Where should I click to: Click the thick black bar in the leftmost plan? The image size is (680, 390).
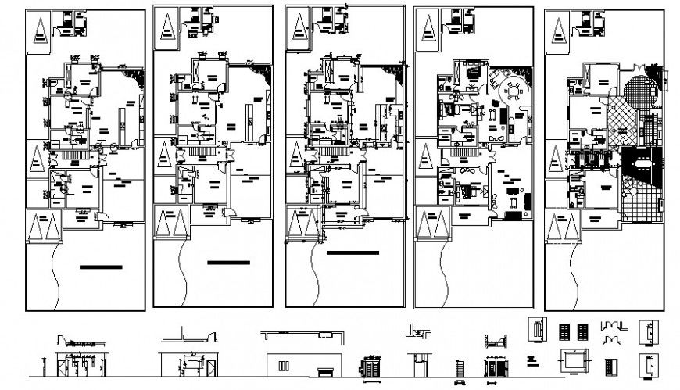101,267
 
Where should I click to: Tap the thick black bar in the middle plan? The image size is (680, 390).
353,253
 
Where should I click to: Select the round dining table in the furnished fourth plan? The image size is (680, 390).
513,90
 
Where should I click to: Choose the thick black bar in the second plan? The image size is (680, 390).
228,263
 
